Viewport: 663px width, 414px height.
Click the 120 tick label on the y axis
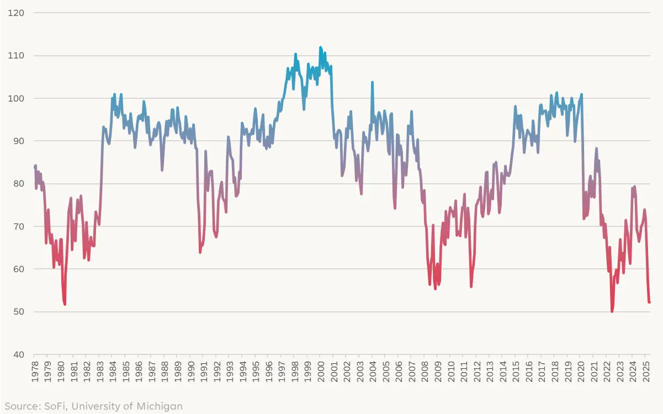[x=17, y=13]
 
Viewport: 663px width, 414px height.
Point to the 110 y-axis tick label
[x=17, y=55]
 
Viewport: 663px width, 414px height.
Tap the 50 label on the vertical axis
[x=18, y=311]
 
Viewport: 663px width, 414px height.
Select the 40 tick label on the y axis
[x=18, y=354]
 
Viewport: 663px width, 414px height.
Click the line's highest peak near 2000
[x=321, y=47]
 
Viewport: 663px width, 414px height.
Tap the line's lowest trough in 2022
[x=612, y=311]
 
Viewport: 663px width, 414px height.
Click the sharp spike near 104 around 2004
[x=372, y=82]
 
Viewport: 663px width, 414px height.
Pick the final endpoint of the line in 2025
[x=650, y=302]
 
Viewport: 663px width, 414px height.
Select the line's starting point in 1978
[x=34, y=167]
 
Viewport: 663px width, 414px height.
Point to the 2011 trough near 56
[x=471, y=286]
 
